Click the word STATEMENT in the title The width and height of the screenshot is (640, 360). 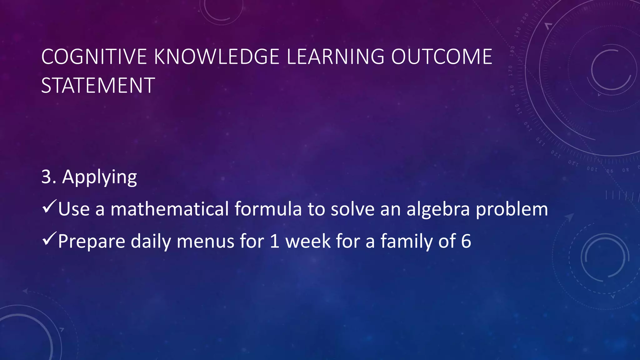[98, 85]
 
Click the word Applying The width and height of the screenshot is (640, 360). [99, 177]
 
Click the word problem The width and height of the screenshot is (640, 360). [512, 209]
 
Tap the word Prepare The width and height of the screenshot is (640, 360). [91, 242]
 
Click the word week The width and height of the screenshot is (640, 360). [308, 241]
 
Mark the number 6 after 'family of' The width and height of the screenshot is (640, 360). [466, 241]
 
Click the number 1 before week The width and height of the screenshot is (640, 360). [274, 241]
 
